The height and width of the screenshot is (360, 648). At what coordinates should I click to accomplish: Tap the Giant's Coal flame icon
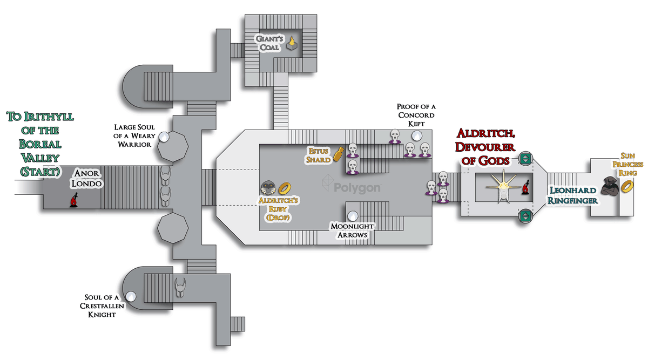point(292,43)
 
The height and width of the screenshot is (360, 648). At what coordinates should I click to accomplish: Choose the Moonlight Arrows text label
point(351,230)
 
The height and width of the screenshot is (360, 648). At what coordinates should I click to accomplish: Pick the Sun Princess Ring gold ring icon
point(627,186)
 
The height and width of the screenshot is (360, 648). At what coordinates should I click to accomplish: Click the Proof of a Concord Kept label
point(416,115)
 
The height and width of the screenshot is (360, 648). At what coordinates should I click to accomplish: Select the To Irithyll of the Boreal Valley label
point(40,144)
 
